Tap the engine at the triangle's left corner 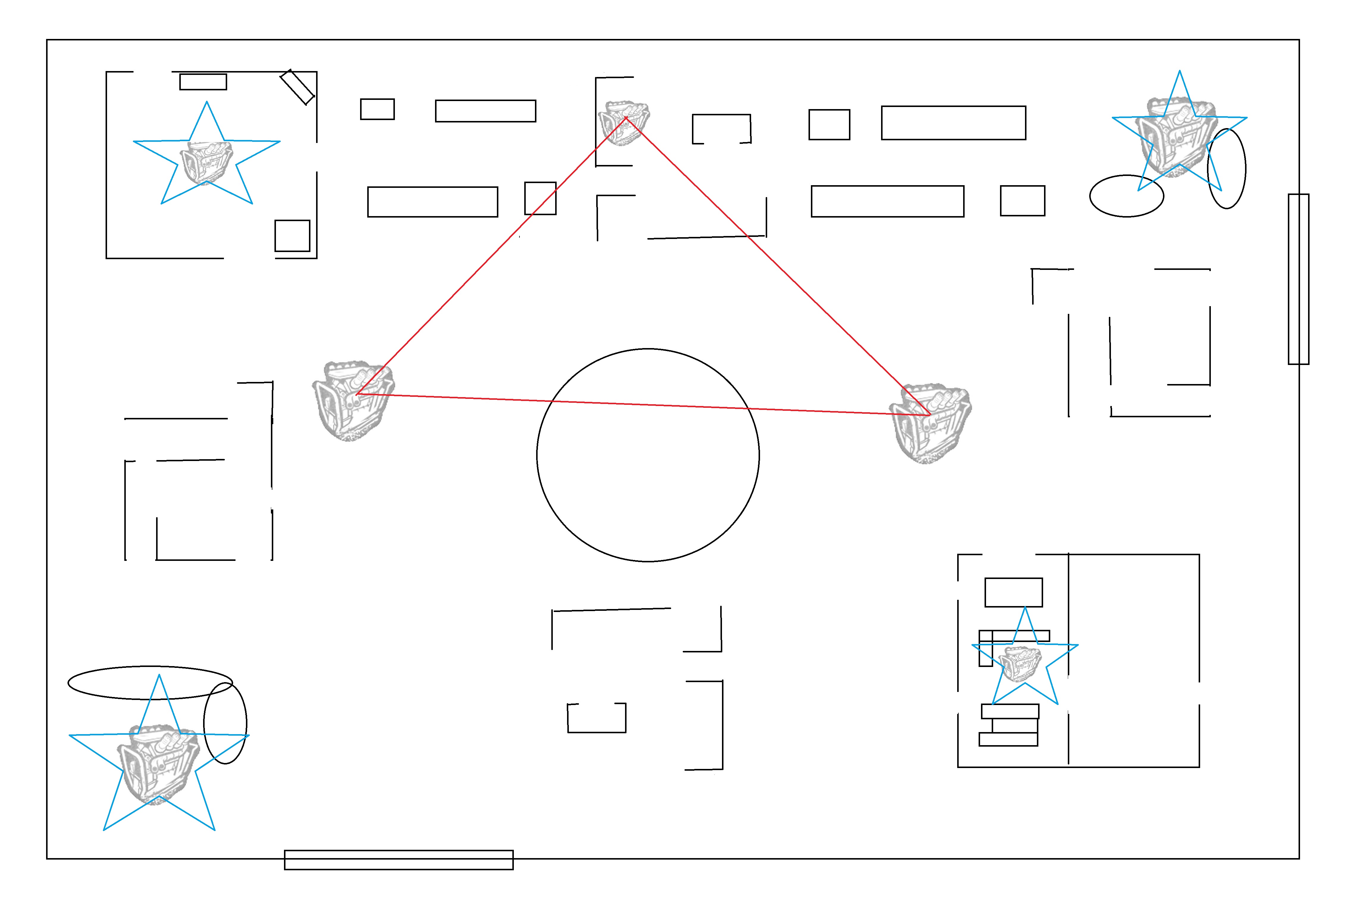tap(353, 401)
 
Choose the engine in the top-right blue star tap(1178, 137)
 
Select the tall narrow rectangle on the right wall tap(1298, 279)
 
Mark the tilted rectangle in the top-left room tap(297, 87)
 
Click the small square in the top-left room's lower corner tap(292, 235)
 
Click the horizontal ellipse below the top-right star tap(1126, 196)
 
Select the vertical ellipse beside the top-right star tap(1227, 168)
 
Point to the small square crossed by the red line tap(540, 198)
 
